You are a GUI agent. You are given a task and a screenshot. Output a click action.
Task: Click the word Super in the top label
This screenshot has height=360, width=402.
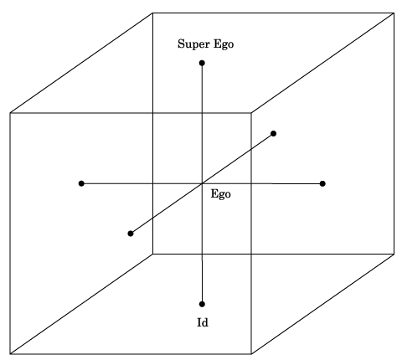coord(193,44)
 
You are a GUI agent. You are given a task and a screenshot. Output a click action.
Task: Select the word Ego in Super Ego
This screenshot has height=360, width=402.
coord(224,44)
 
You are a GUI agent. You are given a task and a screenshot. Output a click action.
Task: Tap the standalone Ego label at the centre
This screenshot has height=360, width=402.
coord(220,194)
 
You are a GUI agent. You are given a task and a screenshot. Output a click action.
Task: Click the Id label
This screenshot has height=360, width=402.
coord(203,322)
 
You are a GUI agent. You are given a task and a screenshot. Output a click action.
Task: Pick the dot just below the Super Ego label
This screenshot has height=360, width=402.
coord(202,63)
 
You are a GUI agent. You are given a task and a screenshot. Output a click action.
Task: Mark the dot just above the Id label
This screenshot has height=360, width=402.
coord(202,304)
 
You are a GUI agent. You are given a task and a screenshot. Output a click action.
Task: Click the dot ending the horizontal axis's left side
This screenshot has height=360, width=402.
coord(81,183)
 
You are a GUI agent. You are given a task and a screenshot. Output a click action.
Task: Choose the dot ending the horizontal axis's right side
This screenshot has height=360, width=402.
coord(322,183)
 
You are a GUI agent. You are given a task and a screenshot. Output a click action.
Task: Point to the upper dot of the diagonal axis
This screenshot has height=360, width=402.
coord(274,134)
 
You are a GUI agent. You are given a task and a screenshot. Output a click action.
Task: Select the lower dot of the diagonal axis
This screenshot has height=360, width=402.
coord(131,234)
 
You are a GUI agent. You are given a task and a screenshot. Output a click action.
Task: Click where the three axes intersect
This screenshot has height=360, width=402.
coord(202,183)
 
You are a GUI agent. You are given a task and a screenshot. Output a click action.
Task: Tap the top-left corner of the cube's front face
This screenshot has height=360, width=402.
coord(10,113)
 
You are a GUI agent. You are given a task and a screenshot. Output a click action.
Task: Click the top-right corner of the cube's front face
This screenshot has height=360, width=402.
coord(251,113)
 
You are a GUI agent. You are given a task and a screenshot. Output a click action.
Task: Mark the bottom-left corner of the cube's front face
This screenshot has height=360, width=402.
coord(10,354)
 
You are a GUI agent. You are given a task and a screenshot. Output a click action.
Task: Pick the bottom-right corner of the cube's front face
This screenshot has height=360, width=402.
coord(251,354)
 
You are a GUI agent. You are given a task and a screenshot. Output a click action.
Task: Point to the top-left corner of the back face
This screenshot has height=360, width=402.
coord(152,13)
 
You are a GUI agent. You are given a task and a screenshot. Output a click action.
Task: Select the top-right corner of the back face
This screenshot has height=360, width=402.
coord(394,13)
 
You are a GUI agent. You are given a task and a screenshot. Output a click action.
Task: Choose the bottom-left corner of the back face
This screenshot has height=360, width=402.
coord(152,254)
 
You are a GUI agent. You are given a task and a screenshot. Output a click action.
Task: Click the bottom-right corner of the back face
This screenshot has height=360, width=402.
coord(394,254)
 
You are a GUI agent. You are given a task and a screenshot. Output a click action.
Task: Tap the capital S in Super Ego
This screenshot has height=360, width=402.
coord(182,44)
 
